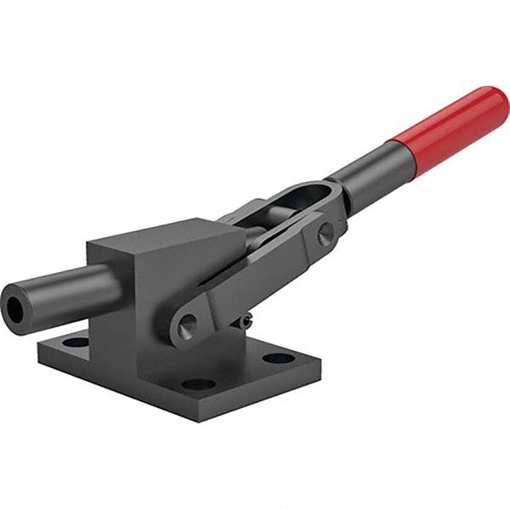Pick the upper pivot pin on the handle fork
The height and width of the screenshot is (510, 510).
326,235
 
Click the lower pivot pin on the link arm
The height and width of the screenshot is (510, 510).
187,323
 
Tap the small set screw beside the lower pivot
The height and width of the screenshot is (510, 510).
244,321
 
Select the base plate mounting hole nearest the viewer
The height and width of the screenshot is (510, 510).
198,384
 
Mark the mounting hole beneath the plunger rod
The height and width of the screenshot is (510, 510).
76,343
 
